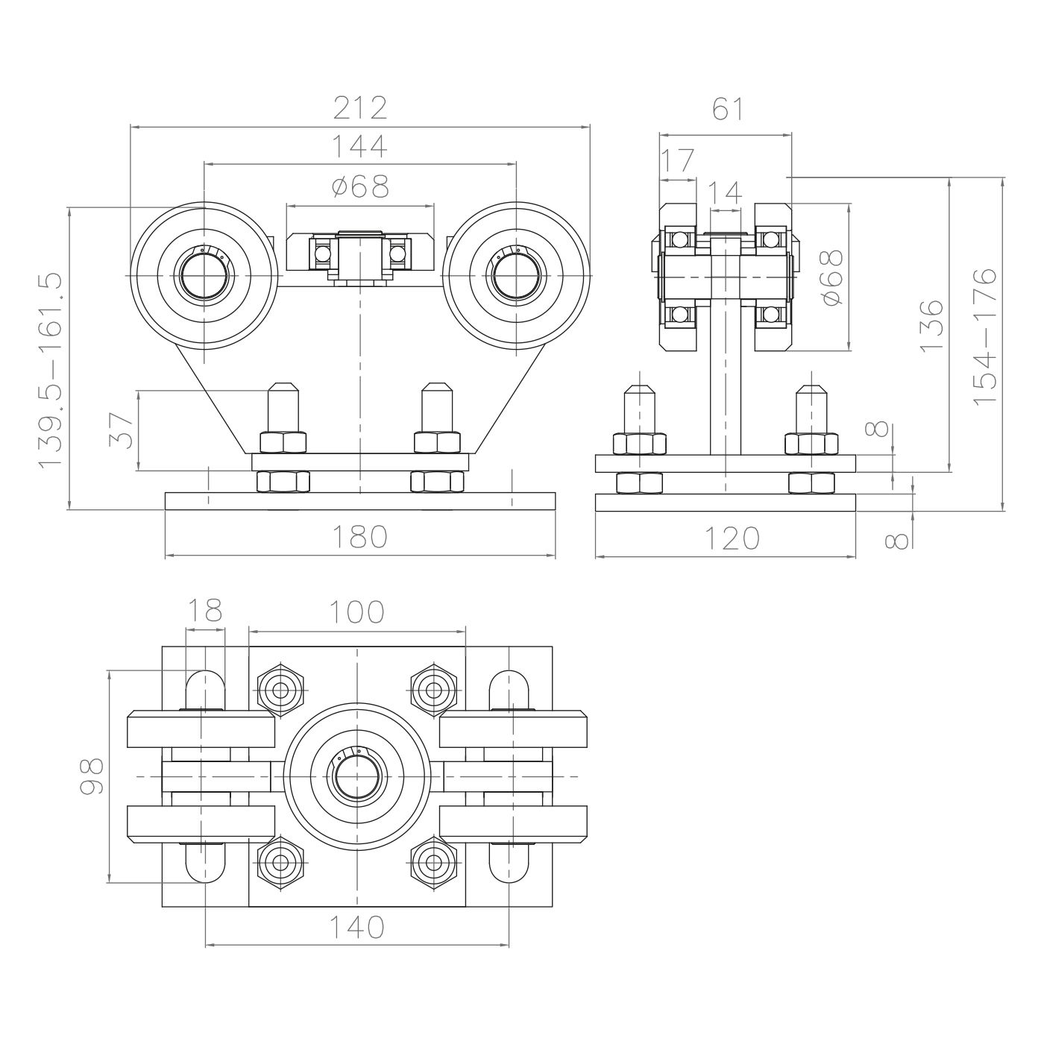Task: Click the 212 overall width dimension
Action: [x=359, y=108]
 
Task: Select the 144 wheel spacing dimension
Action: [x=359, y=145]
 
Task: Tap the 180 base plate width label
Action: [x=359, y=537]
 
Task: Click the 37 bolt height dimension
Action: [x=121, y=431]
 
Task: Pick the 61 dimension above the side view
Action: [x=728, y=109]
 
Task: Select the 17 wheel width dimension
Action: [x=677, y=160]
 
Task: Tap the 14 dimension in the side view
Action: [x=725, y=193]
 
